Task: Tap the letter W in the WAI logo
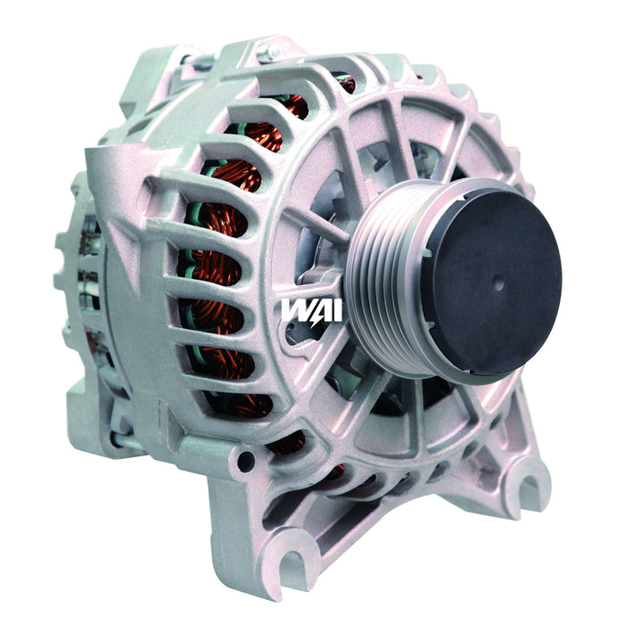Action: tap(294, 309)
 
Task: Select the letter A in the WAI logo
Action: tap(312, 309)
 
